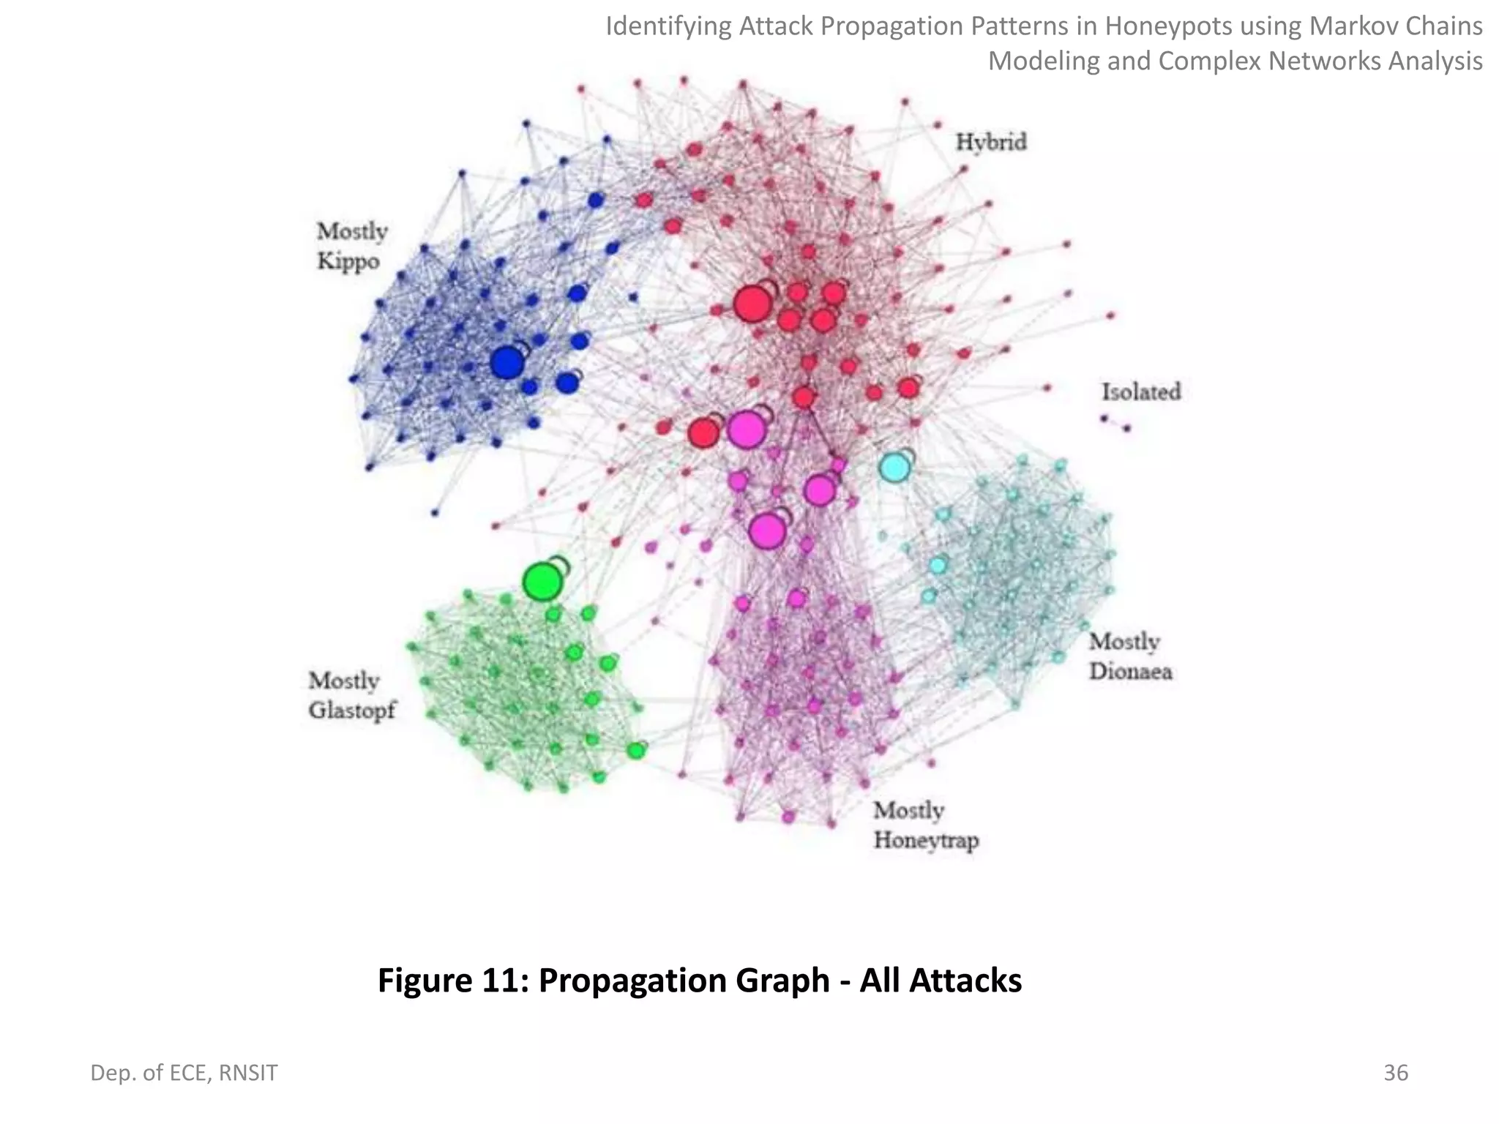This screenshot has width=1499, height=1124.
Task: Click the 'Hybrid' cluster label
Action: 991,142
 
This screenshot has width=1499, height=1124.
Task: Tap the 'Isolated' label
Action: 1141,392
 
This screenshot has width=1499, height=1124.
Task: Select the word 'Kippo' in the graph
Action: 348,261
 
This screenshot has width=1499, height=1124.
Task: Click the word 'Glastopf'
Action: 352,711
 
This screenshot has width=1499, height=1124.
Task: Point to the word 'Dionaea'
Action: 1131,672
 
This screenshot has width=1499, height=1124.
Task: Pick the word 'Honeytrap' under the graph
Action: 926,840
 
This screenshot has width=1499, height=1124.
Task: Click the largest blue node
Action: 506,362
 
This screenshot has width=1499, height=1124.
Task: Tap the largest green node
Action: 542,582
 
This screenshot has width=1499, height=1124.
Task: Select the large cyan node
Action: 894,467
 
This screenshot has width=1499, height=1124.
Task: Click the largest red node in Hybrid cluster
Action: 752,304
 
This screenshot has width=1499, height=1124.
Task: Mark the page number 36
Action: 1396,1073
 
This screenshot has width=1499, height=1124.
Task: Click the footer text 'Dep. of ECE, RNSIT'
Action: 184,1073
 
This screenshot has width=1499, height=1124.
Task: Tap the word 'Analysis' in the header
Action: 1435,61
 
